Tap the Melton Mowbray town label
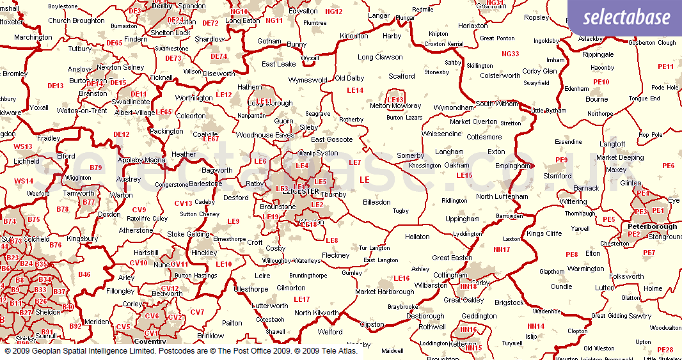click(396, 106)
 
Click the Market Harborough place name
click(385, 292)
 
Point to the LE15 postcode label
click(464, 175)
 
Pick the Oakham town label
click(457, 164)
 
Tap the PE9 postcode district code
click(561, 160)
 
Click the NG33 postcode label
click(511, 54)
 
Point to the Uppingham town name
click(462, 219)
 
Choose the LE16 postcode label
click(401, 278)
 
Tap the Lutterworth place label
click(270, 306)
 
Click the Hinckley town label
click(204, 253)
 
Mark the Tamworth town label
click(79, 193)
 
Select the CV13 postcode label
click(184, 203)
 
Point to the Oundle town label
click(561, 286)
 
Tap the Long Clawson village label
click(380, 57)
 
